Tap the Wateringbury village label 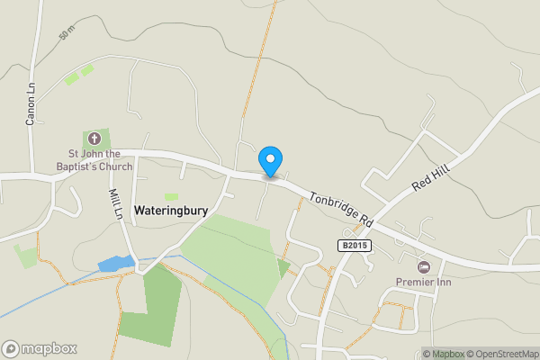point(171,211)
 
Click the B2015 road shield point(355,245)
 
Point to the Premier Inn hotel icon point(424,266)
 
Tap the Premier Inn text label point(423,282)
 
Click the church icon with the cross point(96,139)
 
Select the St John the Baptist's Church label point(96,159)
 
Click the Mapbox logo point(40,348)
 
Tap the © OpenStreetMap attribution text point(501,354)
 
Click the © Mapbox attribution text point(442,354)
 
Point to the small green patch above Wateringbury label point(171,197)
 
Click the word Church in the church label point(113,166)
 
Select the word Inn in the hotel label point(441,282)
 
